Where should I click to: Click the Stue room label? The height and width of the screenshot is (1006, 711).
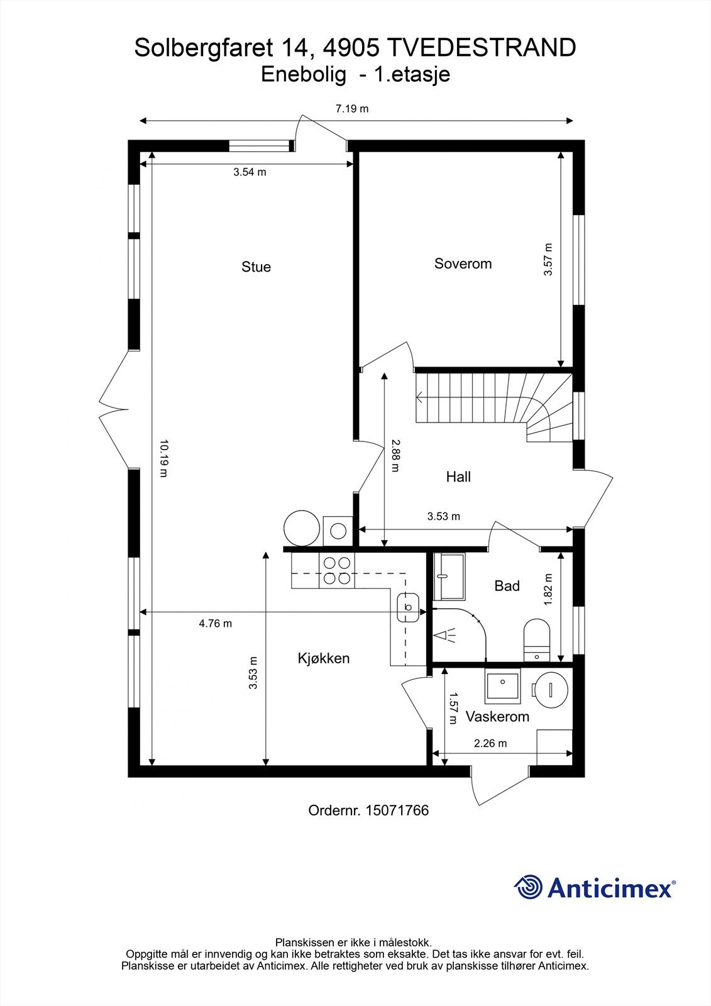[256, 267]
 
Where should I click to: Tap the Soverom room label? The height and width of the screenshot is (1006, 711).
[463, 263]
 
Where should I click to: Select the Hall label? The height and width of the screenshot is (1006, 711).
[458, 477]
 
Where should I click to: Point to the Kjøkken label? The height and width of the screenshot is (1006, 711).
[323, 658]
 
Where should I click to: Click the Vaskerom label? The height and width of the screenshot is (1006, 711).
[497, 716]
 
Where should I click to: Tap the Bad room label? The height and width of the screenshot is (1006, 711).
[507, 586]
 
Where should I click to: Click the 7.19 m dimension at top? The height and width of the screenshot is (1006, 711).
[351, 109]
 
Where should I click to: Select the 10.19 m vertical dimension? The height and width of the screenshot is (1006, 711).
[163, 458]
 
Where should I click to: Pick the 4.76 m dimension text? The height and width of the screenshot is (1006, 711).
[216, 624]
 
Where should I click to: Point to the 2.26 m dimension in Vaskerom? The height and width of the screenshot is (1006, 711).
[490, 743]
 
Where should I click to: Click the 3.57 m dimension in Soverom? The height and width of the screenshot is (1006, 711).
[548, 259]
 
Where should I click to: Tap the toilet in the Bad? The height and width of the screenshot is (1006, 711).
[537, 638]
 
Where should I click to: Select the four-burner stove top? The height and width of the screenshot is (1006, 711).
[336, 572]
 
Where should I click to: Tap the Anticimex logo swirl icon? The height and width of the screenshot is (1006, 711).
[528, 888]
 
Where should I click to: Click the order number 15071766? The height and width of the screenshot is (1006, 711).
[397, 810]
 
